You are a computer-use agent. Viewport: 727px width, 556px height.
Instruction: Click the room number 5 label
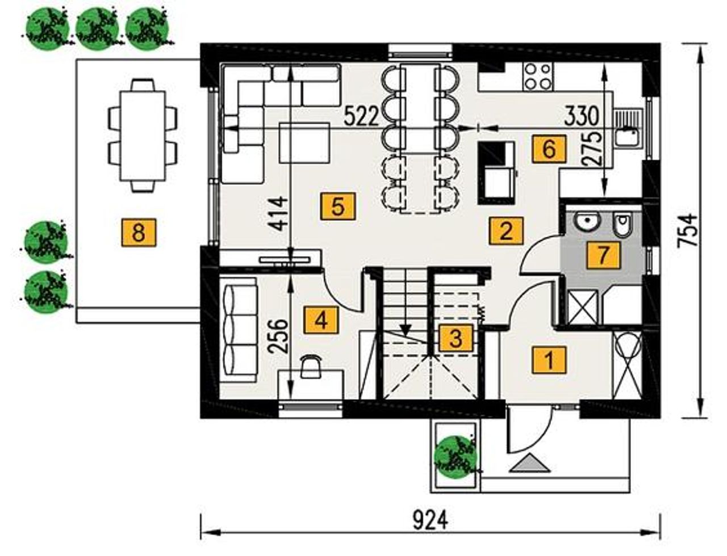coord(337,206)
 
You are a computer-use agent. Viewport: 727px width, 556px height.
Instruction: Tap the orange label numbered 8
coord(139,232)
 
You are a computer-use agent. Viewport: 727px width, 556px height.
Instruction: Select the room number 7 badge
coord(603,255)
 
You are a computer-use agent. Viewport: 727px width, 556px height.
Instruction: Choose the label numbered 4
coord(321,321)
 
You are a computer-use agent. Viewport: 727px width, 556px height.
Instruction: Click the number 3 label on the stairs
coord(456,338)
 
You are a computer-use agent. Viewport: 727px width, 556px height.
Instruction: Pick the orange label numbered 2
coord(505,230)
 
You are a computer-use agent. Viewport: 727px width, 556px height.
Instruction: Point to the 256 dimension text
coord(278,336)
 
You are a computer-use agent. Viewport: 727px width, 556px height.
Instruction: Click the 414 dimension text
coord(278,214)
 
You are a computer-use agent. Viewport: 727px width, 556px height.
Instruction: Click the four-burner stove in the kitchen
coord(538,78)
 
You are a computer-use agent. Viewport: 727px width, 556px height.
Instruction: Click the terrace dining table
coord(143,136)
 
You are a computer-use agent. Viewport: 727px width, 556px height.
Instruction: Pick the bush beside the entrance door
coord(457,457)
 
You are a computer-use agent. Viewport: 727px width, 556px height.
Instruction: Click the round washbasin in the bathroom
coord(587,221)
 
